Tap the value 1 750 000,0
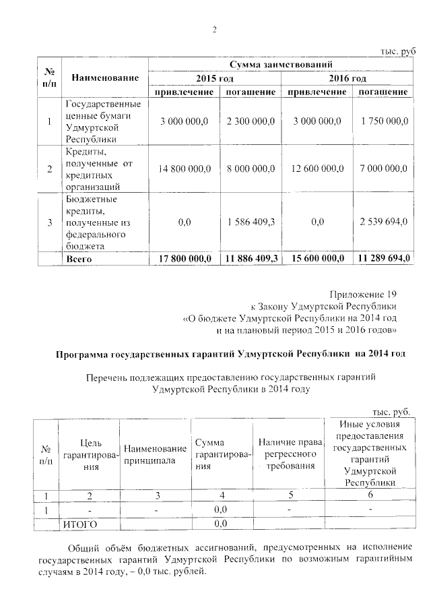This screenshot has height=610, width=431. pos(384,121)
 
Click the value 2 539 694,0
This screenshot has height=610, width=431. pos(384,222)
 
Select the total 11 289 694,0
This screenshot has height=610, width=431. pos(384,258)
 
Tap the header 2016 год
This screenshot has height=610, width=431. pos(347,79)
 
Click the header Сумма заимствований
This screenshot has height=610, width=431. pos(281,65)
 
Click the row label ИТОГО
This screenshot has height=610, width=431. pos(80,523)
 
